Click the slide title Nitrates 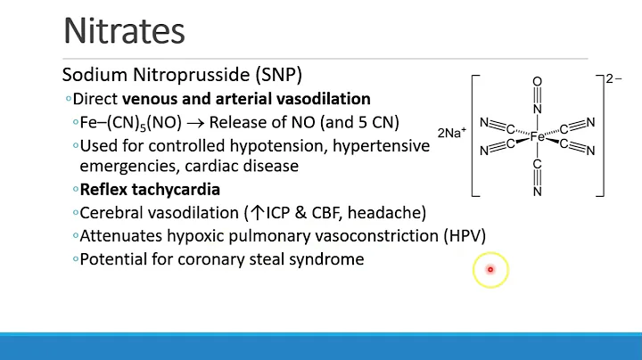pos(124,31)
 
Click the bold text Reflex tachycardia pos(150,190)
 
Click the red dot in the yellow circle pos(490,269)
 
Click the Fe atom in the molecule pos(537,137)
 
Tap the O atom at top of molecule pos(537,82)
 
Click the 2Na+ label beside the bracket pos(451,133)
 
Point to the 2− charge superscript pos(613,78)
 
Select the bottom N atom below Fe pos(537,190)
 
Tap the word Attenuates pos(118,236)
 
